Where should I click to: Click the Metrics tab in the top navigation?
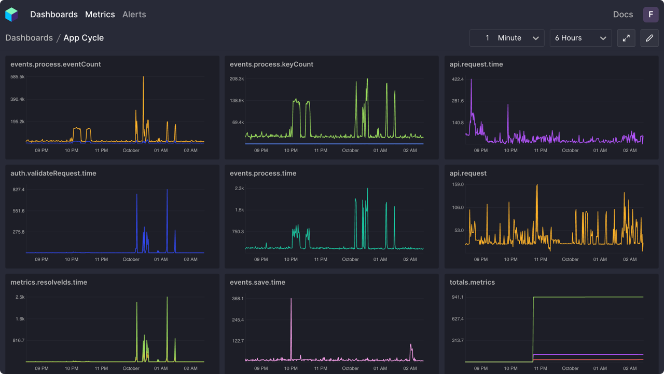(x=100, y=15)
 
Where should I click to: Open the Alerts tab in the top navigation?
(x=134, y=15)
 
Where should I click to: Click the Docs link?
(x=622, y=15)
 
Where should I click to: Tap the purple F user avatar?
(x=651, y=15)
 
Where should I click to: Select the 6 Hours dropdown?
(x=580, y=38)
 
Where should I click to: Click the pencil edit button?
(x=649, y=38)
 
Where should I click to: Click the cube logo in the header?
(x=11, y=15)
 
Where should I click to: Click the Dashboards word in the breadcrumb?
(x=29, y=38)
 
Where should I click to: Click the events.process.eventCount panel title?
(x=56, y=64)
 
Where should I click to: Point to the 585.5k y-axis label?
(x=18, y=77)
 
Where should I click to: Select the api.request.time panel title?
(x=476, y=64)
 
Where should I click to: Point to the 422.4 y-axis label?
(x=458, y=79)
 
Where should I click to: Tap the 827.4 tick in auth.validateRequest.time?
(x=19, y=190)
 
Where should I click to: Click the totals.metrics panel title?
(x=472, y=283)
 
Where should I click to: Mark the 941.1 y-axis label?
(x=458, y=297)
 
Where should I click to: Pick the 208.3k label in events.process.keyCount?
(x=237, y=79)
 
